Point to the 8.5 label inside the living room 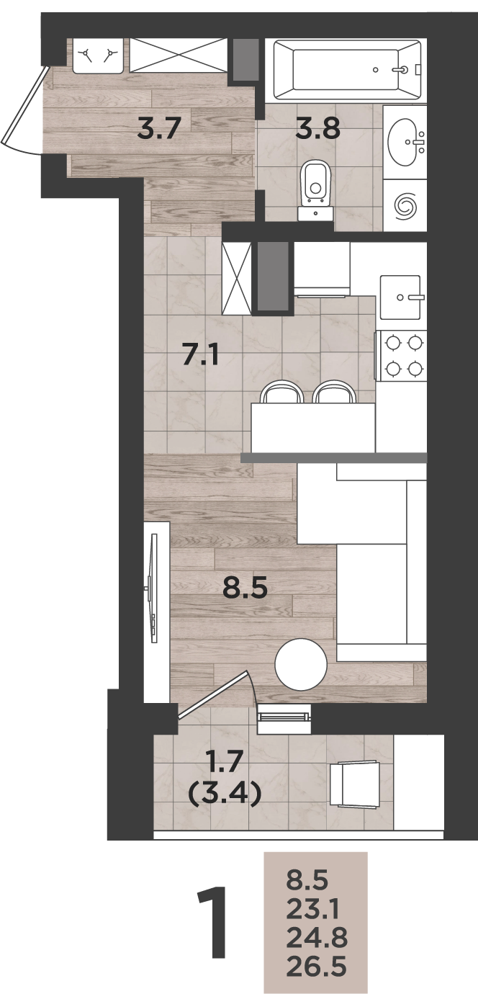[245, 588]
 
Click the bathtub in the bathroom [347, 70]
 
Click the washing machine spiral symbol [405, 205]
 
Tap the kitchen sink [400, 297]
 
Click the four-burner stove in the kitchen [401, 355]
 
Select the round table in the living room [301, 663]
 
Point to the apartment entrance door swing [22, 109]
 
